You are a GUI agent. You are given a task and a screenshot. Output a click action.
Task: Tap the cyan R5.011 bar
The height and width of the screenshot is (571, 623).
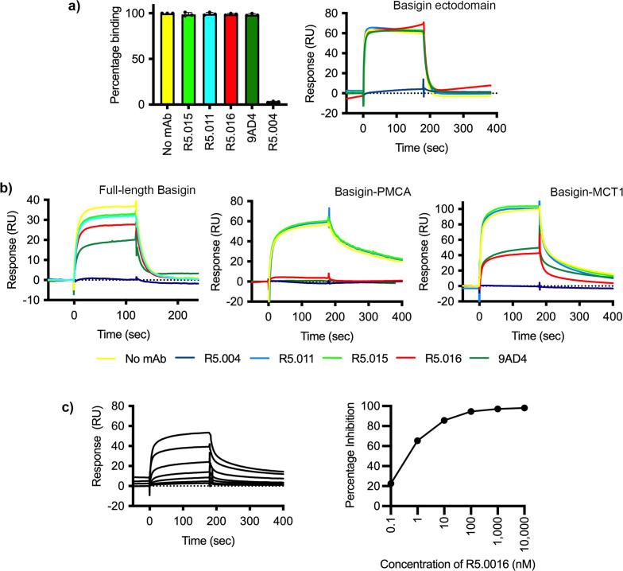point(208,59)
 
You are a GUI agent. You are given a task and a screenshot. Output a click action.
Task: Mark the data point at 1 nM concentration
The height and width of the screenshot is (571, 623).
point(416,441)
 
